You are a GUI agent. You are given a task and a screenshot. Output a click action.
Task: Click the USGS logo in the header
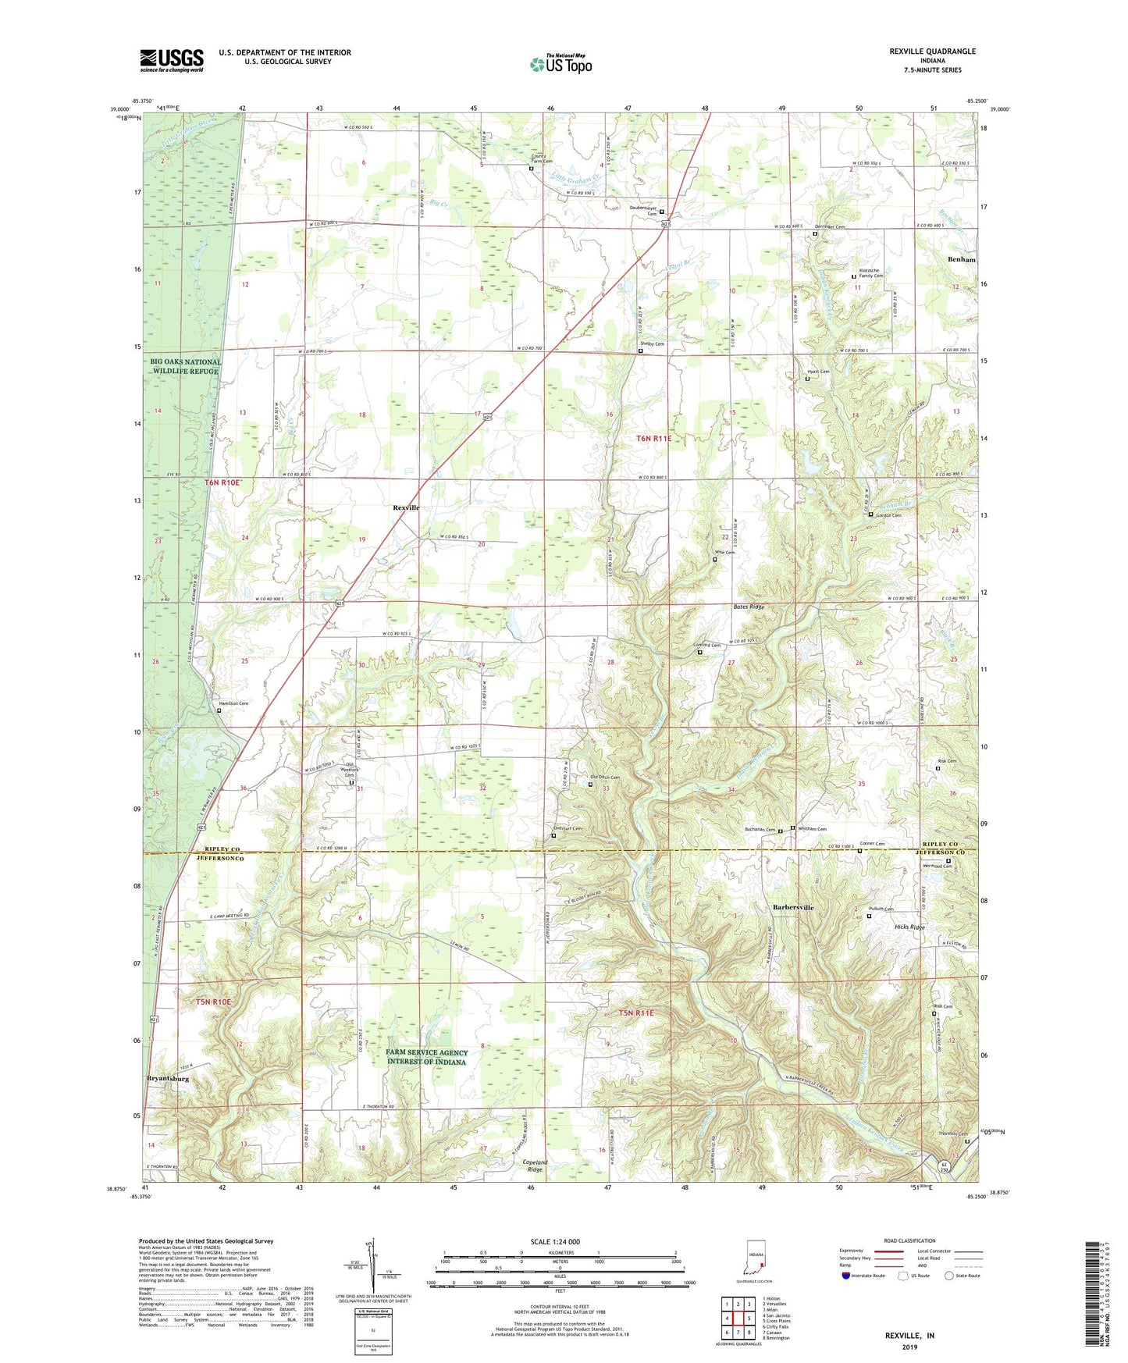(x=172, y=60)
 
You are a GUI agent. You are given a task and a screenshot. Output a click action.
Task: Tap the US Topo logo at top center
(x=560, y=64)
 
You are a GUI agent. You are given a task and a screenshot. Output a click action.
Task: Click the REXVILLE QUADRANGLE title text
(x=932, y=52)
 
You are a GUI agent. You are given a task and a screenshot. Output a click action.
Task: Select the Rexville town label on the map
(x=406, y=507)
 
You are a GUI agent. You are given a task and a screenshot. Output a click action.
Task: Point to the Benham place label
(x=962, y=259)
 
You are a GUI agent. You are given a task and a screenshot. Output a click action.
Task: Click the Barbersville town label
(x=793, y=908)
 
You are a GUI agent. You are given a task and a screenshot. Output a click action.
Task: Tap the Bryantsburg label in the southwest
(x=168, y=1079)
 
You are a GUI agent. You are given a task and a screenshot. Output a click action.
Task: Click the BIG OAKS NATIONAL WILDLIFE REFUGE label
(x=186, y=367)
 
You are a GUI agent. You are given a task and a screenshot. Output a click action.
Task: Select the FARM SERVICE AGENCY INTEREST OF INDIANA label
(x=426, y=1057)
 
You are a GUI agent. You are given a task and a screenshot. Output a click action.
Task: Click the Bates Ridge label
(x=749, y=607)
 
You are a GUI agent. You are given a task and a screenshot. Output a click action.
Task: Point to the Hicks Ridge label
(x=909, y=927)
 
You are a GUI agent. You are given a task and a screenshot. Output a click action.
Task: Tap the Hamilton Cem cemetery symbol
(x=219, y=710)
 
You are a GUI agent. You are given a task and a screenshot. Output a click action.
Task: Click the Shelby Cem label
(x=653, y=344)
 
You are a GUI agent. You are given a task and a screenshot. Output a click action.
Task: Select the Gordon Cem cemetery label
(x=888, y=515)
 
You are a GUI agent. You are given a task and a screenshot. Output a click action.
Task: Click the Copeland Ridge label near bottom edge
(x=534, y=1166)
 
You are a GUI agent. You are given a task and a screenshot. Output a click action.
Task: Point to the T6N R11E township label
(x=653, y=439)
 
